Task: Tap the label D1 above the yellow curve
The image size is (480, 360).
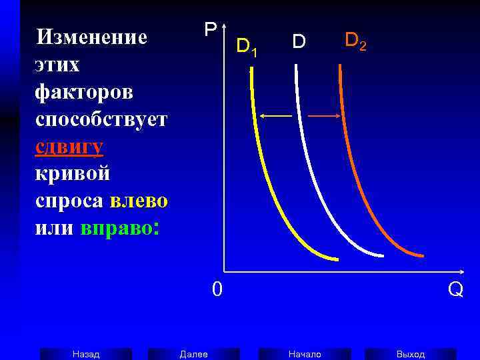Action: point(246,46)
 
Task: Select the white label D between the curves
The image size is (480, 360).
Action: point(299,42)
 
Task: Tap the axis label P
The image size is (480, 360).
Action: point(210,30)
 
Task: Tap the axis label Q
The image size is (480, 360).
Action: point(455,290)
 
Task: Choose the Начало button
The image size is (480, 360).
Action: point(305,354)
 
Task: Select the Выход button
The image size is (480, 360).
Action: point(411,354)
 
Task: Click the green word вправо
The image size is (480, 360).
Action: point(116,228)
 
